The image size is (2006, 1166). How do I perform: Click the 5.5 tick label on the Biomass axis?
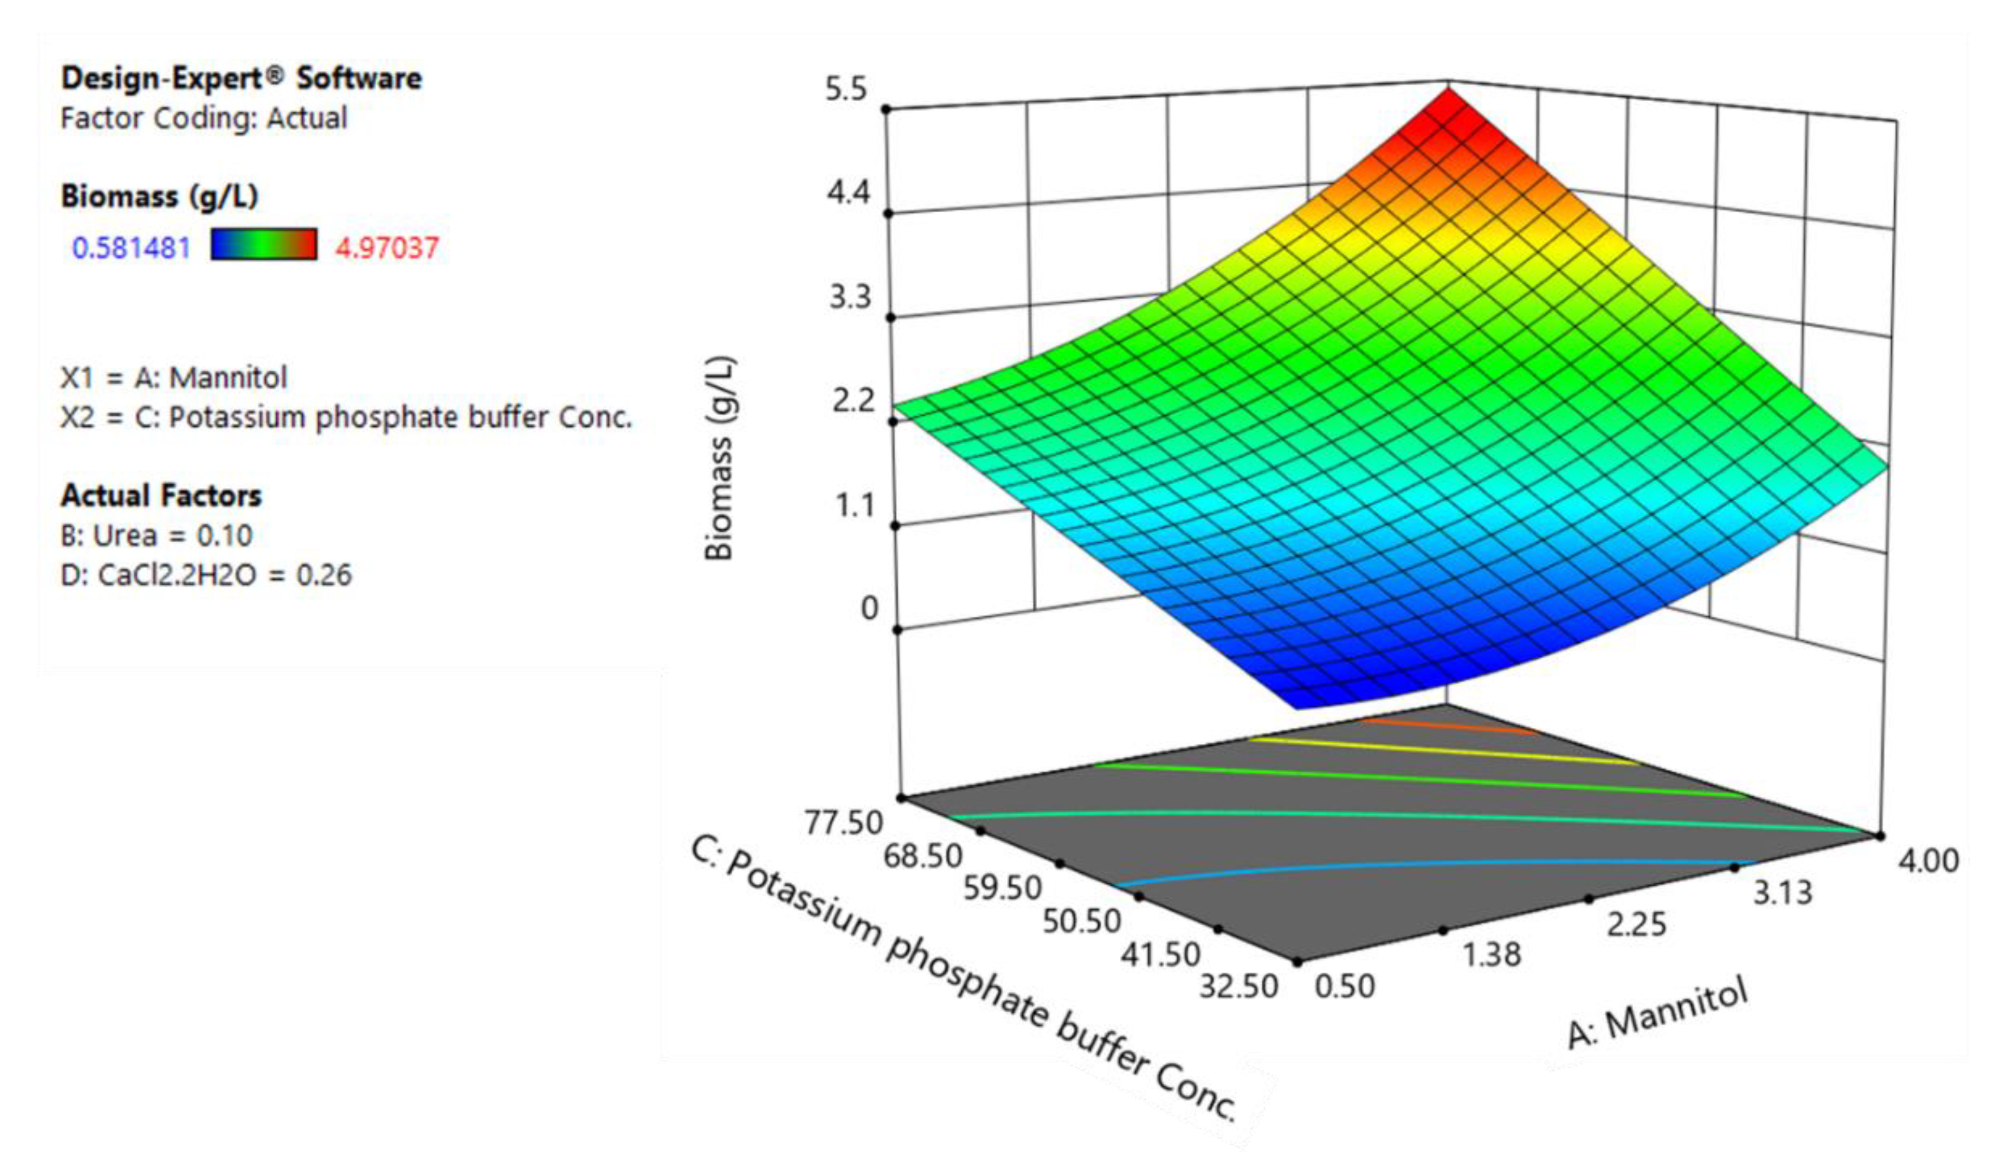845,90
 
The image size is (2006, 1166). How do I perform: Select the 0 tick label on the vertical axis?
869,608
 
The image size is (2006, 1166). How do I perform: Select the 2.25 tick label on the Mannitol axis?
1636,925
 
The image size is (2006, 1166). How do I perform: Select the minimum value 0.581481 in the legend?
131,248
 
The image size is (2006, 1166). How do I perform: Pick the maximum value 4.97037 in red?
387,248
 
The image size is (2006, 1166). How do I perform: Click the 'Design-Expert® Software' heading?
241,78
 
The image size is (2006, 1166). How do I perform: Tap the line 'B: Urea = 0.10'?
156,536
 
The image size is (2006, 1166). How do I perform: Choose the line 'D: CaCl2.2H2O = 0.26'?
205,575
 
